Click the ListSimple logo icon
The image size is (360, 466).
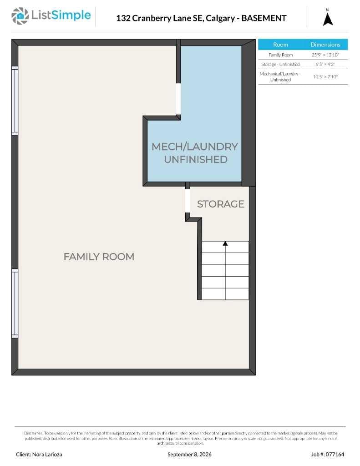(20, 16)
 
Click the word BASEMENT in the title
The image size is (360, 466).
(264, 18)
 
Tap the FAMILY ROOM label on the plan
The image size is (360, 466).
(99, 257)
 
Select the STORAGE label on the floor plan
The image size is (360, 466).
(221, 204)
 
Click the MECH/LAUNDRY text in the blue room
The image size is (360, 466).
(195, 147)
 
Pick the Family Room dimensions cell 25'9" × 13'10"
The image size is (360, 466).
(325, 55)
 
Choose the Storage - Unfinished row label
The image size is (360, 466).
(280, 64)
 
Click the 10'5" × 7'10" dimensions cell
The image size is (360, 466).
(325, 76)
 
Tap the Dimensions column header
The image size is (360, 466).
(325, 45)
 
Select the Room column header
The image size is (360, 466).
(280, 45)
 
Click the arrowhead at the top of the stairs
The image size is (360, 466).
(225, 243)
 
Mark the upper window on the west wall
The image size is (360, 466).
(15, 101)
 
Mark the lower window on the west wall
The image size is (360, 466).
(15, 304)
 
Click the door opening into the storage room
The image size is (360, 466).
(188, 201)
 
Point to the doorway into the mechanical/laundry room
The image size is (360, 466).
(178, 99)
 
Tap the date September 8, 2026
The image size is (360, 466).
(189, 455)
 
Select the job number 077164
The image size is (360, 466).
(335, 455)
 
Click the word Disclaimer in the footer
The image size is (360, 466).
(34, 433)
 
